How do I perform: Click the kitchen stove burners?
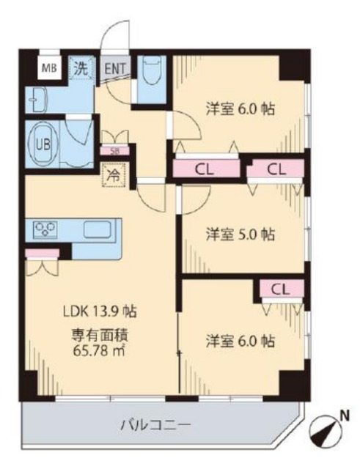click(46, 229)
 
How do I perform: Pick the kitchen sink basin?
click(95, 229)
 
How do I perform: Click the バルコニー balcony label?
click(155, 424)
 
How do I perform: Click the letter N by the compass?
click(343, 414)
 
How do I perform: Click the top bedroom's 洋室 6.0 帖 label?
click(240, 109)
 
